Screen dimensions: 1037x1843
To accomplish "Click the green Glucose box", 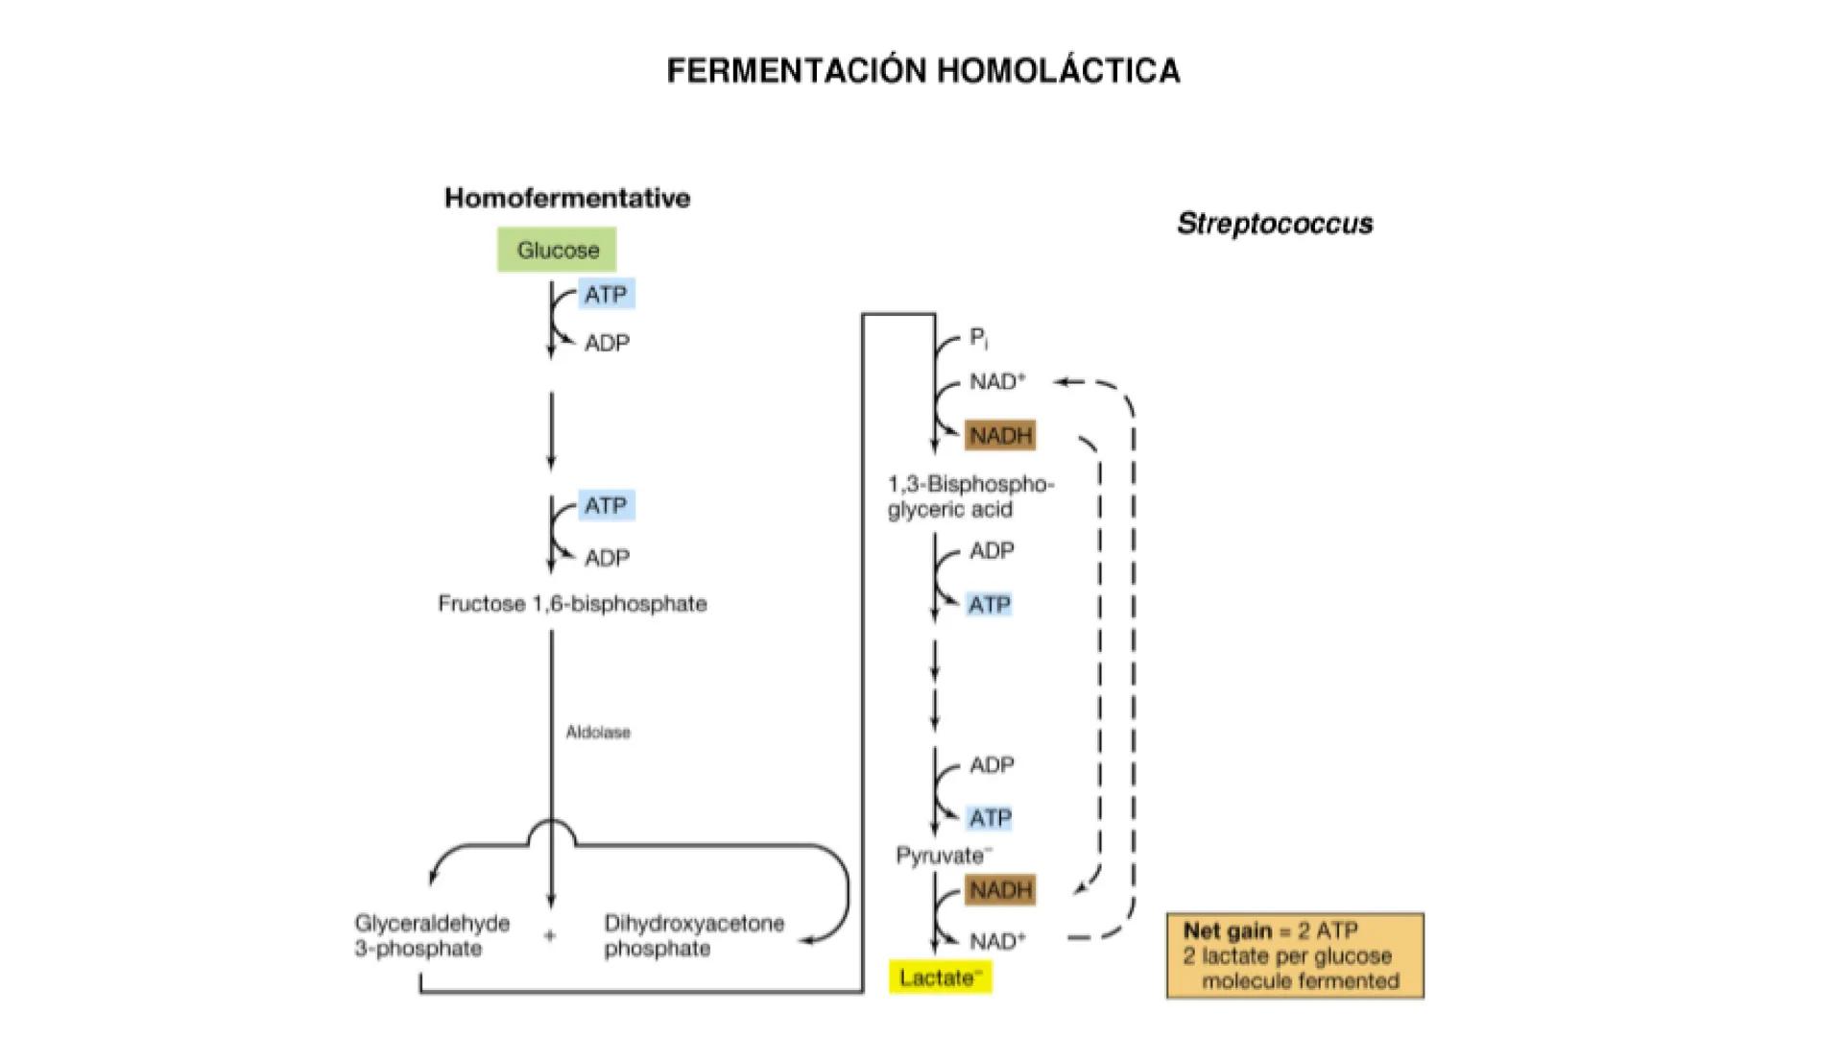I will (557, 250).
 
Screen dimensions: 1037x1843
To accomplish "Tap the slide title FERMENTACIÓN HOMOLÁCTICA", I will (922, 71).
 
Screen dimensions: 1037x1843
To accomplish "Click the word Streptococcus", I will (1275, 224).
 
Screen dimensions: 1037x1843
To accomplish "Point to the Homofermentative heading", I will (567, 198).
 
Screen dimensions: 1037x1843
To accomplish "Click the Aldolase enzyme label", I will (598, 733).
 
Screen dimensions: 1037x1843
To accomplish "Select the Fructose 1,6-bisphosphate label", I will (572, 604).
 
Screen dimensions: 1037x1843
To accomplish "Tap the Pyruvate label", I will (943, 856).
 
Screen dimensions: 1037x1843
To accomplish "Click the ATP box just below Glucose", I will (606, 295).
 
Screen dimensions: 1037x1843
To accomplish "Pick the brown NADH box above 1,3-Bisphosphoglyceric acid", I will (1000, 436).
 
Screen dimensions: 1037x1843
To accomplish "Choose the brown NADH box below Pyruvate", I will (1000, 890).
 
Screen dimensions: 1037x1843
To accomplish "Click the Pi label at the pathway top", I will (978, 337).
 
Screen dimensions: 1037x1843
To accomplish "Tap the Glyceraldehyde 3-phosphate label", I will (431, 936).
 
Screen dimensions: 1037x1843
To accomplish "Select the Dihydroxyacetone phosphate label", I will (693, 936).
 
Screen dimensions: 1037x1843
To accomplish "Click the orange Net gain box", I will (1295, 956).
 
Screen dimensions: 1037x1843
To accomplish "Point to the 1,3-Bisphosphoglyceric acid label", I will (969, 496).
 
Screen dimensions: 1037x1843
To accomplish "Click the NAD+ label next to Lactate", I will (997, 941).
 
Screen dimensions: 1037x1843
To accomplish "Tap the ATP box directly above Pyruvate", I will (990, 818).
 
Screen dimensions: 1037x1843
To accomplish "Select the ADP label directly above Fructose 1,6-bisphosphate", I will (607, 558).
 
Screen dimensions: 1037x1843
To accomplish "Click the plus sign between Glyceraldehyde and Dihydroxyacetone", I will (550, 935).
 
